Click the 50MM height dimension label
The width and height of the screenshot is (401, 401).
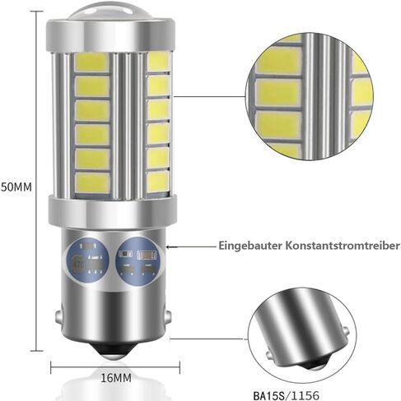(16, 187)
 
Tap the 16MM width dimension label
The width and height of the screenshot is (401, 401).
(116, 378)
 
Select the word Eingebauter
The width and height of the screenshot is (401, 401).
(250, 246)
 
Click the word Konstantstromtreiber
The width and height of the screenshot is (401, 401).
(343, 245)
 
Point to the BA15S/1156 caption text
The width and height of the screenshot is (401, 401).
(287, 395)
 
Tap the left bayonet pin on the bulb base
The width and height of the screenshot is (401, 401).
(58, 316)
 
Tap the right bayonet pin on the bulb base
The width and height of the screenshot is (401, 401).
(169, 316)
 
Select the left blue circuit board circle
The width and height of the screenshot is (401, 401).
(87, 260)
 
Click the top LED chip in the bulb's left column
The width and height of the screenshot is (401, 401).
(91, 62)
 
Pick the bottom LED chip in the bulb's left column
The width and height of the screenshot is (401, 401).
(92, 183)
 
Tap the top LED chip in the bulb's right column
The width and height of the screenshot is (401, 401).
(158, 62)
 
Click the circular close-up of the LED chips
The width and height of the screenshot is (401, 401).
(310, 97)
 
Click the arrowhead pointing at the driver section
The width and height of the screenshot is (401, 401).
(168, 247)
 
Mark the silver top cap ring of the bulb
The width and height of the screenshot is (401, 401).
(110, 36)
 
